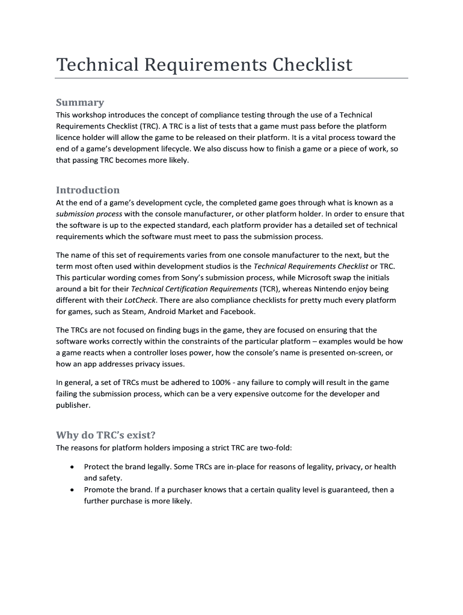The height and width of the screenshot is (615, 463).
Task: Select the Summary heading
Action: click(80, 102)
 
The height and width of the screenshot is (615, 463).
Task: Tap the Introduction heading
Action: click(88, 190)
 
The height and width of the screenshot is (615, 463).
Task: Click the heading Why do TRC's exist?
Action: click(109, 435)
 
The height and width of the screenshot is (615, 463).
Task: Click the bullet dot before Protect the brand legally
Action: click(72, 467)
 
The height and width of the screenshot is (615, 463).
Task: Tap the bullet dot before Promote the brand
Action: click(72, 489)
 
